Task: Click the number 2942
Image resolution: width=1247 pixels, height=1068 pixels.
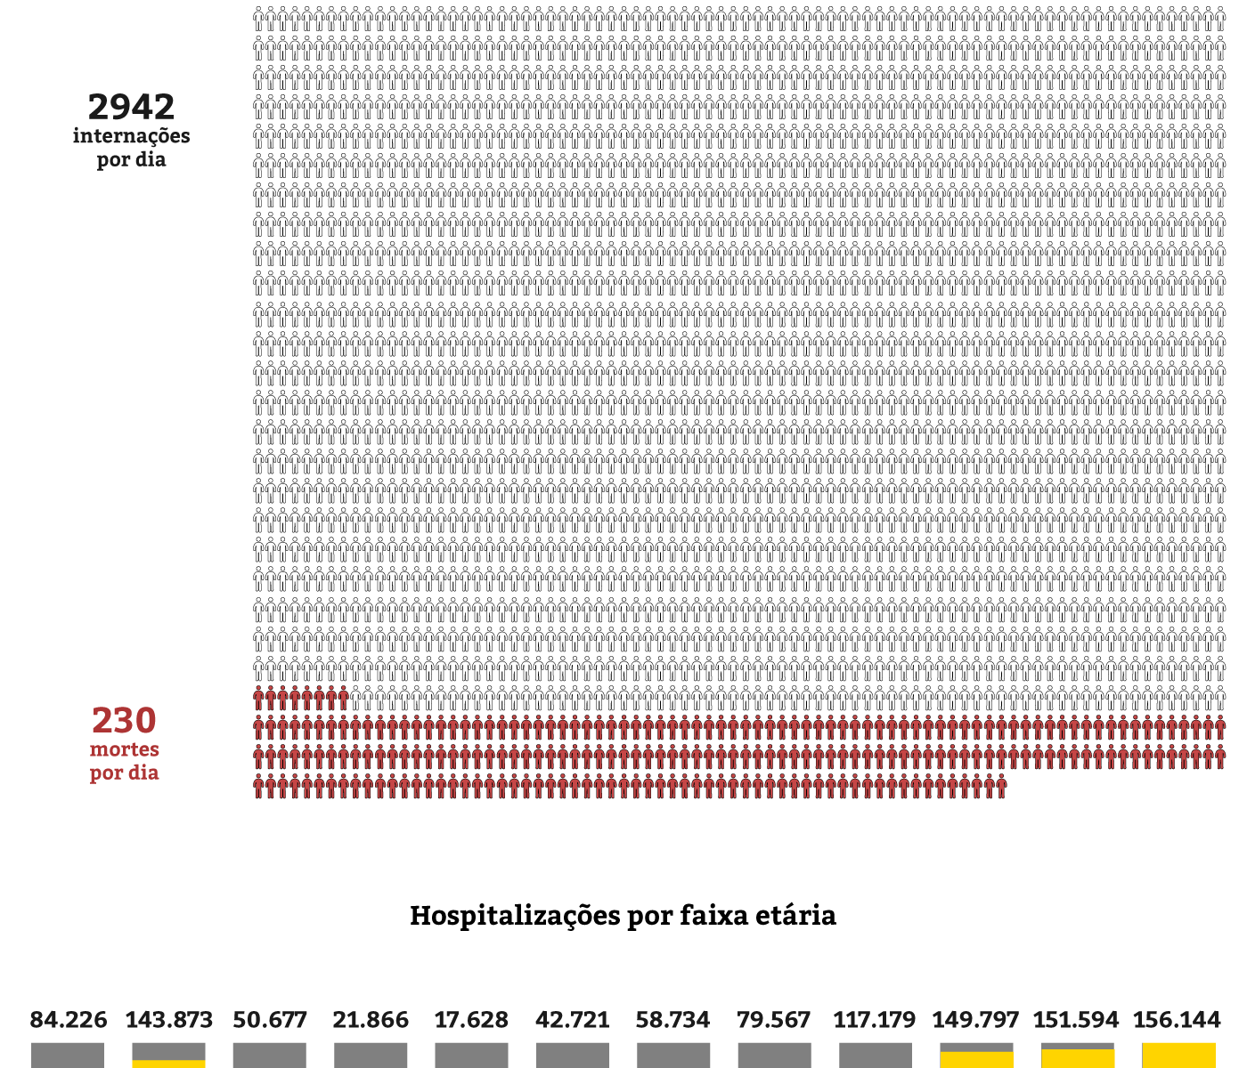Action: coord(131,107)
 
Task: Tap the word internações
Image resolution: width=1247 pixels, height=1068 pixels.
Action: coord(131,136)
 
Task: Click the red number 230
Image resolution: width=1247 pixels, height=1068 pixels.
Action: coord(124,720)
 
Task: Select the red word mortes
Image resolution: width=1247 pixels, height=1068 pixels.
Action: coord(124,749)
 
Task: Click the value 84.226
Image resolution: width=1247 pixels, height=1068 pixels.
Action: coord(68,1019)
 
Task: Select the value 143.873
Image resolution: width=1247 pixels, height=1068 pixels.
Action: coord(168,1019)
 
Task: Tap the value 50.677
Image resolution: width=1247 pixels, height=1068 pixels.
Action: coord(270,1019)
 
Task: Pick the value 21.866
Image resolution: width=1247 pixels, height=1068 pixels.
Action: coord(371,1019)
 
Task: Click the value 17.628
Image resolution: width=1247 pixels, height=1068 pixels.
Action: coord(471,1019)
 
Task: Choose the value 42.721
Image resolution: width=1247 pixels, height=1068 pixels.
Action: coord(573,1019)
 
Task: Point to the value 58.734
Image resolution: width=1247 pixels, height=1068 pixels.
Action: coord(673,1019)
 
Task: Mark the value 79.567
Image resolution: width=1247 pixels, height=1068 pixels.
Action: coord(774,1019)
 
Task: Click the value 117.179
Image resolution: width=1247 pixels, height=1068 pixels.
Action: coord(875,1019)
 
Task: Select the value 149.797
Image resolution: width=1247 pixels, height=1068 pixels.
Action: coord(975,1019)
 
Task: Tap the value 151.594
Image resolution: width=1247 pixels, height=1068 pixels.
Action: coord(1076,1019)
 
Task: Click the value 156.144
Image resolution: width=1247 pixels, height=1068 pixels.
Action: coord(1178,1019)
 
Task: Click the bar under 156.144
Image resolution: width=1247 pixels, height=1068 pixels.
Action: coord(1178,1056)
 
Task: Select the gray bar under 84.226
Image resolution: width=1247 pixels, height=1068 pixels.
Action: coord(68,1056)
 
